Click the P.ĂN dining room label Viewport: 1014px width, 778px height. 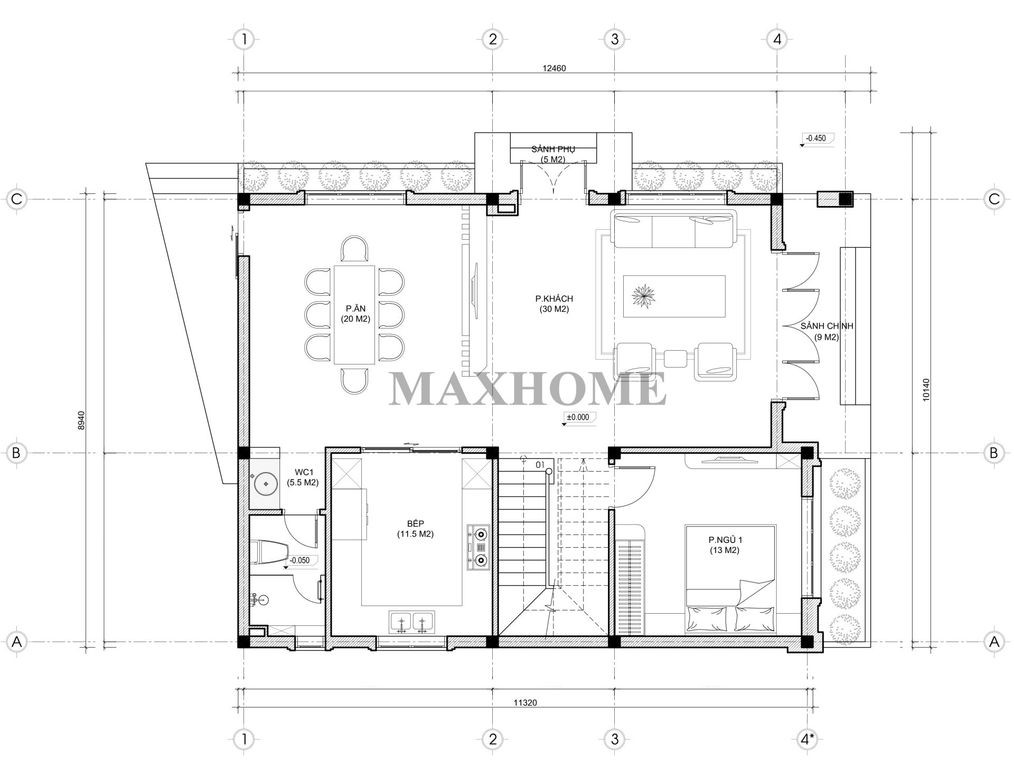click(x=355, y=313)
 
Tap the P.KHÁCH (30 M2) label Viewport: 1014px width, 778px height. click(x=554, y=304)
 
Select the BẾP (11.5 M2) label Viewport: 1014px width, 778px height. click(x=415, y=528)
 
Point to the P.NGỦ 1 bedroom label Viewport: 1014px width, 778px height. click(x=725, y=545)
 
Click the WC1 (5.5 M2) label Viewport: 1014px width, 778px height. click(x=303, y=476)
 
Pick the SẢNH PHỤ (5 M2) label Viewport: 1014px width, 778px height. click(x=553, y=154)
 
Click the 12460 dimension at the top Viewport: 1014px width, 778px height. click(x=554, y=68)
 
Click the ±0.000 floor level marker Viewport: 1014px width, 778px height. click(x=578, y=417)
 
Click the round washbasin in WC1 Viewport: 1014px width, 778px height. click(x=266, y=483)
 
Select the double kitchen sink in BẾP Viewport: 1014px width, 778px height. click(x=412, y=622)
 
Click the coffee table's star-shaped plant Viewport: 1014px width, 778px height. click(x=643, y=295)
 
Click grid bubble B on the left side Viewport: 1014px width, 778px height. click(x=16, y=453)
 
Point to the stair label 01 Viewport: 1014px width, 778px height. click(x=539, y=465)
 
